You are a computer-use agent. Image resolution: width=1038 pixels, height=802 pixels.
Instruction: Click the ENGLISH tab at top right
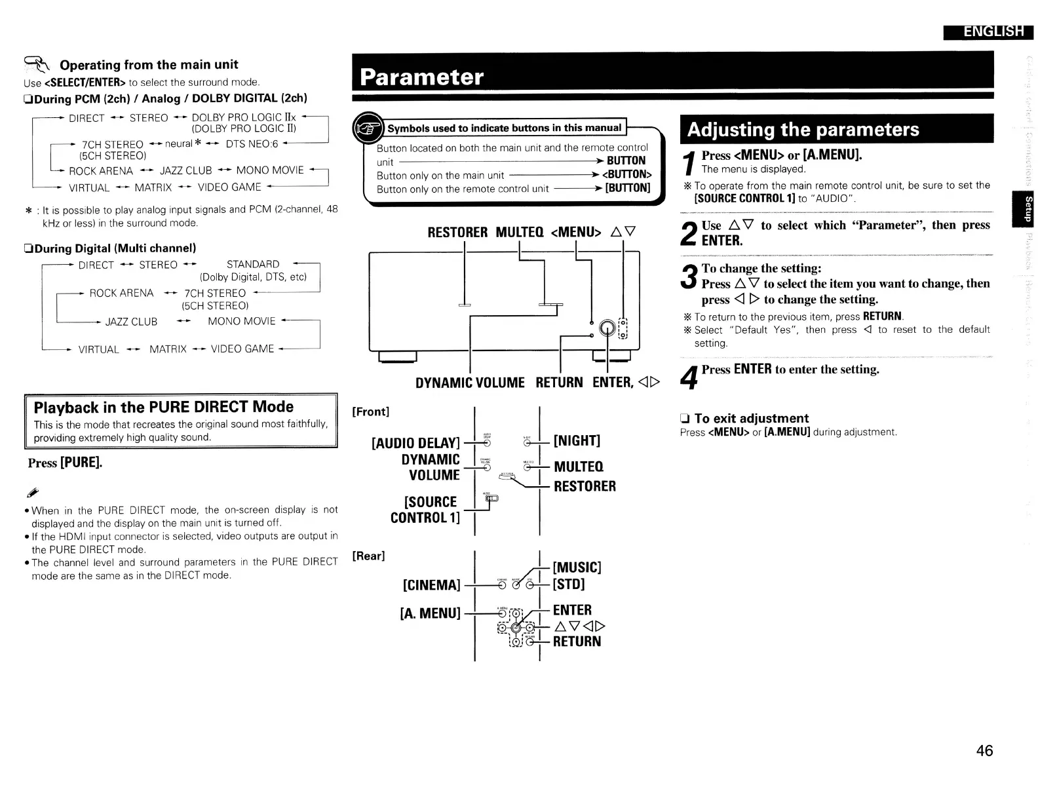tap(988, 31)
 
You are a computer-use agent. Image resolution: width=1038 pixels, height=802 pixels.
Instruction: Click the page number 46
tap(984, 750)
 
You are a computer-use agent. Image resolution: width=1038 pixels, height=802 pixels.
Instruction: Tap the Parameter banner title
tap(421, 77)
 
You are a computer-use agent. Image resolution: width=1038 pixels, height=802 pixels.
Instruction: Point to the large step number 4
tap(689, 376)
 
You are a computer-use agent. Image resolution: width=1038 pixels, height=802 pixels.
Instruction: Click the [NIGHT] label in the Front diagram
tap(577, 440)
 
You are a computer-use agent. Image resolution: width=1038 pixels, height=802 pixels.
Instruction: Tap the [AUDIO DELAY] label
tap(415, 443)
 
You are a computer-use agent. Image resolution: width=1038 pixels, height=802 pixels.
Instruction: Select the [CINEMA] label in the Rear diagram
tap(432, 584)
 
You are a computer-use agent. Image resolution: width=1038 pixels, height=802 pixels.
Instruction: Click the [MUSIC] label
tap(577, 567)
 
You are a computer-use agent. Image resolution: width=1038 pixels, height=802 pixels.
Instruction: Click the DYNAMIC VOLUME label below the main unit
tap(470, 383)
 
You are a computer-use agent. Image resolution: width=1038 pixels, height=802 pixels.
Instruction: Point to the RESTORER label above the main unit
tap(457, 233)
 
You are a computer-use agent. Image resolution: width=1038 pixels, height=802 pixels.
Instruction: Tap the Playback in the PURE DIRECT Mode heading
tap(163, 406)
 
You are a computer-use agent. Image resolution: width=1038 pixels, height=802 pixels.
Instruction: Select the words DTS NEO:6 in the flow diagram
tap(252, 143)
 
